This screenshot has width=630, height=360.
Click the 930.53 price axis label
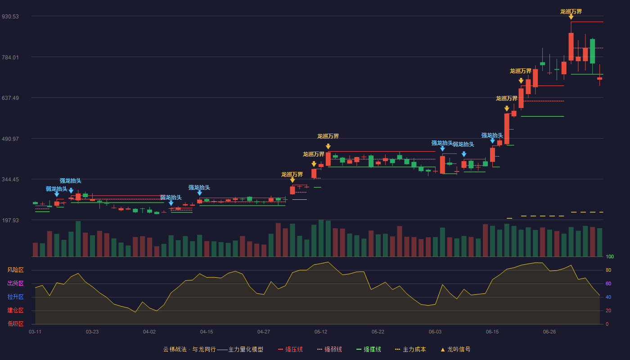10,17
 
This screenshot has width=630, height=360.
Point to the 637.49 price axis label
10,98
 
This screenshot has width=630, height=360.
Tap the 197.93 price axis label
10,220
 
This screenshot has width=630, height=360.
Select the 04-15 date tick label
207,332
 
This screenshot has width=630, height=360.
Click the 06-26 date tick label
549,332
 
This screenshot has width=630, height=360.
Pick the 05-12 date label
320,332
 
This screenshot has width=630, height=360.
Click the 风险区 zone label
15,270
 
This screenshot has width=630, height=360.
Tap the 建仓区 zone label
15,310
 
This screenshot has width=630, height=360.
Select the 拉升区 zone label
15,297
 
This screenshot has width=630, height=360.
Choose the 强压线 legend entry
290,350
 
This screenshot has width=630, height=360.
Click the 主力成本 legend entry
410,350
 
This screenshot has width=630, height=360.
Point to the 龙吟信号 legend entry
455,350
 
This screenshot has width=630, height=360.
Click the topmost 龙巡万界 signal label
571,12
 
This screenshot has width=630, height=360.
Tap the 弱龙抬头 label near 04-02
171,198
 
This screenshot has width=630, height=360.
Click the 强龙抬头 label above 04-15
199,188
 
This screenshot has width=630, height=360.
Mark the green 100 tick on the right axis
610,256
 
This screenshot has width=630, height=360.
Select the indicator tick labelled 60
608,283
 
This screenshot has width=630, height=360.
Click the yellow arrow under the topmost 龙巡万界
571,17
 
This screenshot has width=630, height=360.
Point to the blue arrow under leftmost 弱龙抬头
57,194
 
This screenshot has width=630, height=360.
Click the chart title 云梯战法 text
175,350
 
